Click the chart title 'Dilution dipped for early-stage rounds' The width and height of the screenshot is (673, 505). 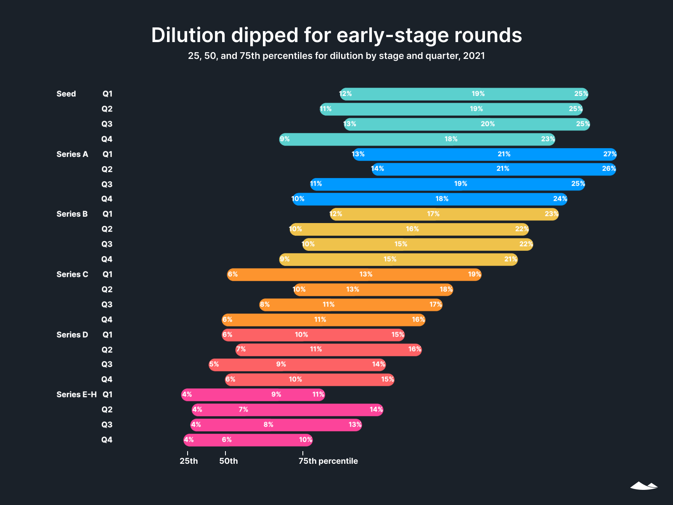(336, 35)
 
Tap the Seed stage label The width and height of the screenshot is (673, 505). (66, 94)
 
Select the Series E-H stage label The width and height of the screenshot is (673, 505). (76, 395)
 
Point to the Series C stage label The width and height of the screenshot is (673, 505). (72, 274)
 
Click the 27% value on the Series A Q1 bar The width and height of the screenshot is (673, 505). (609, 154)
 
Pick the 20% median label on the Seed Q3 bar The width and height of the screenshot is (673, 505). (488, 124)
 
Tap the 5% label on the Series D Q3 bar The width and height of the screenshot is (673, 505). (214, 364)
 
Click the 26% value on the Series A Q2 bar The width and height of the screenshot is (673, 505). (609, 169)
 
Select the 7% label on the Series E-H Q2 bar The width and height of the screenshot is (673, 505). (243, 409)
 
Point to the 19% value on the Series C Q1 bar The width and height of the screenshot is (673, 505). (474, 274)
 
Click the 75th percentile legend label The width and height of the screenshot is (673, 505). (328, 461)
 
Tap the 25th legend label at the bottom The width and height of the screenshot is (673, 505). (188, 461)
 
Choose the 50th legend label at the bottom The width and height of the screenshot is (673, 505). (228, 461)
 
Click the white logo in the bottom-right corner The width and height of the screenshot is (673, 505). (644, 486)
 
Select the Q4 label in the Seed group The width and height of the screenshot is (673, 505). (107, 139)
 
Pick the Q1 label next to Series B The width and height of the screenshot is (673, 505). (107, 214)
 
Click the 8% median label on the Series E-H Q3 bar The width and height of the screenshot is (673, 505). (268, 425)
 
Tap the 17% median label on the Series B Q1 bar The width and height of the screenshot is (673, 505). (433, 214)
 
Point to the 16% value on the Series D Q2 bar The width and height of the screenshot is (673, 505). (415, 349)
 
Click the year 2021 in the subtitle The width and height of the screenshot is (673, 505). (474, 56)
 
